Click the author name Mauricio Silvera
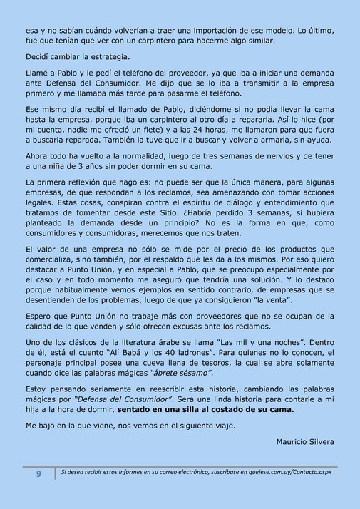coord(304,441)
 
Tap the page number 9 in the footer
coord(38,473)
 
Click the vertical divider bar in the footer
coord(55,473)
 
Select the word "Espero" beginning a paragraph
coord(38,315)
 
